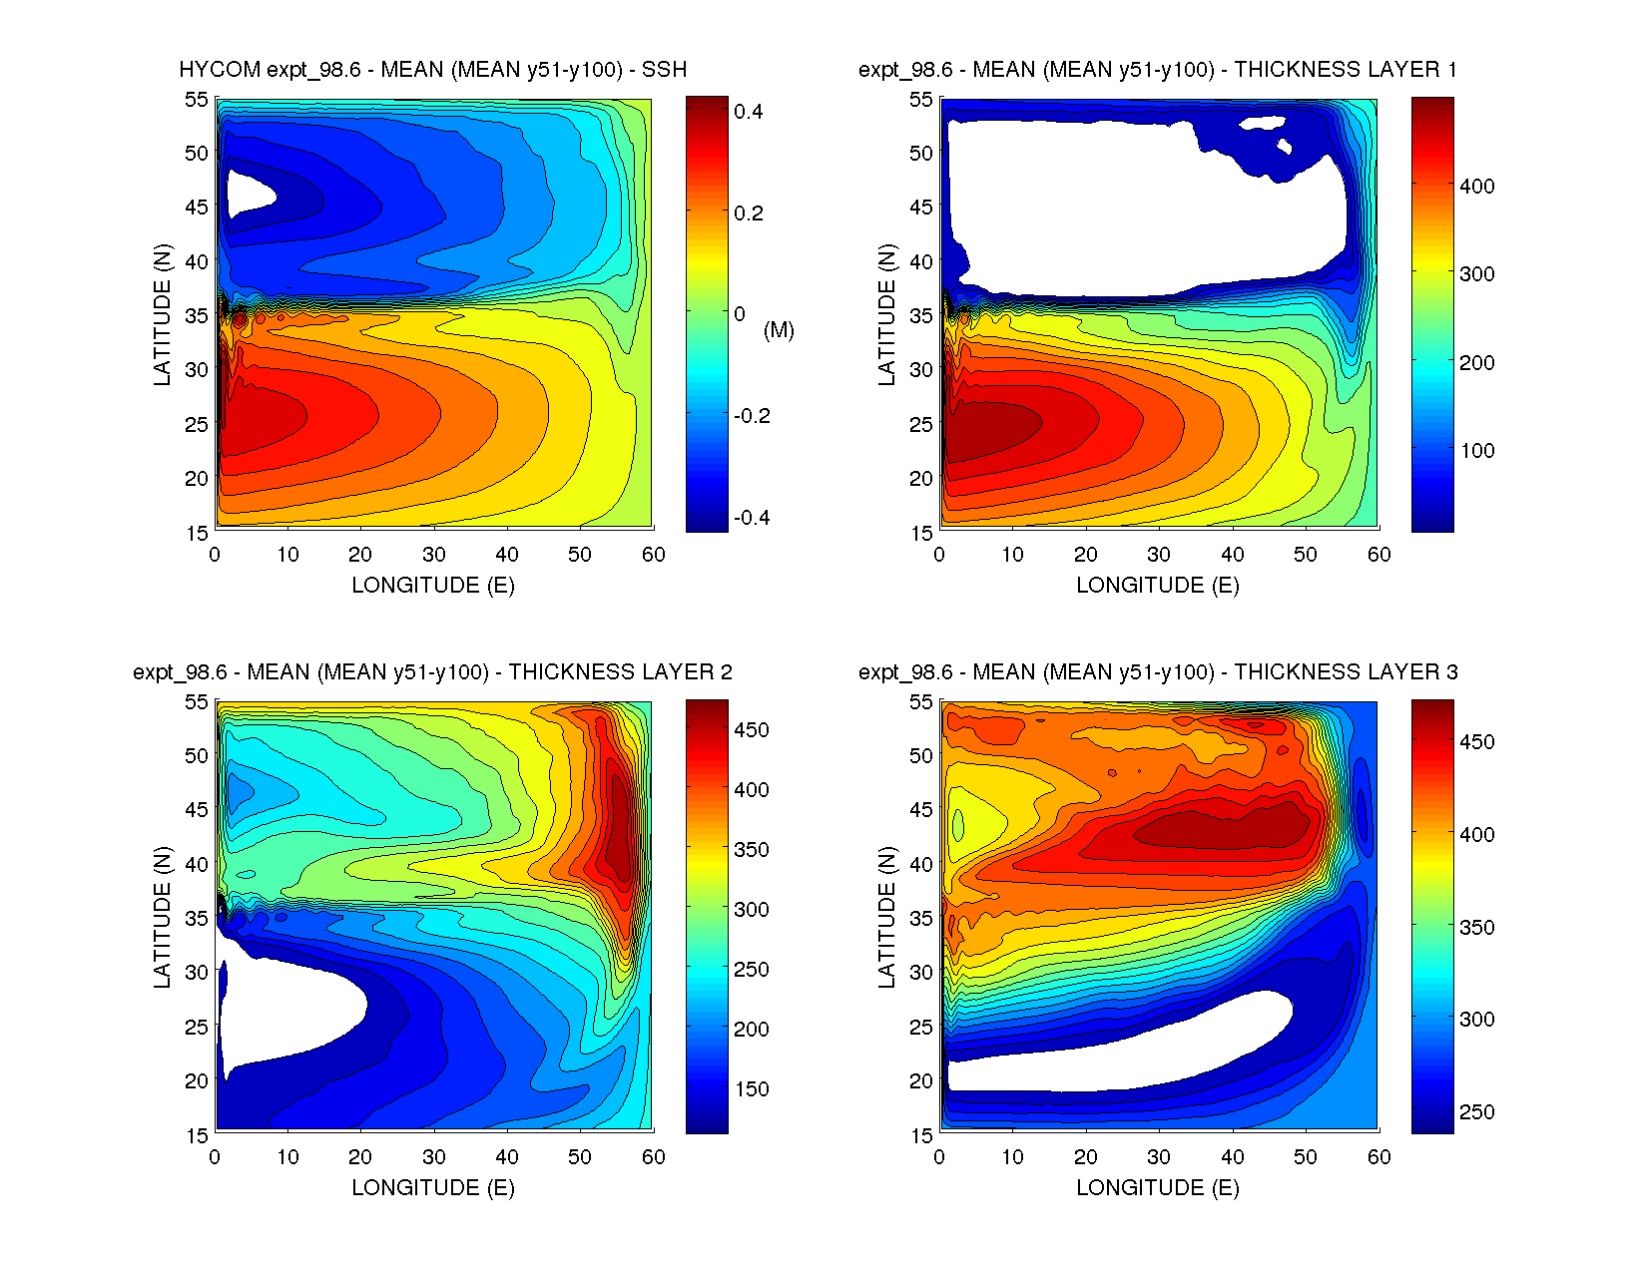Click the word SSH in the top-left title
[x=664, y=70]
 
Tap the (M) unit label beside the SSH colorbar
[x=779, y=330]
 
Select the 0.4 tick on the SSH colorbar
[x=749, y=112]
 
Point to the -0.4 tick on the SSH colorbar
[x=752, y=518]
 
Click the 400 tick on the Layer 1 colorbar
[x=1477, y=186]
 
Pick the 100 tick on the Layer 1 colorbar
[x=1477, y=450]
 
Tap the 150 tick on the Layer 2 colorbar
[x=752, y=1089]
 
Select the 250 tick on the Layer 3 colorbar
[x=1477, y=1112]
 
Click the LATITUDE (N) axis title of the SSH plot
[x=162, y=315]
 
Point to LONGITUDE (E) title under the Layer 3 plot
[x=1158, y=1187]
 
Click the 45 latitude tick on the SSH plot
[x=197, y=208]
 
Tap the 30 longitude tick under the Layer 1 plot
[x=1159, y=555]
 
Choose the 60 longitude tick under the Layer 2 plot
[x=654, y=1157]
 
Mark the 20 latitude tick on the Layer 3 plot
[x=921, y=1080]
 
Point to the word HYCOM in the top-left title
[x=220, y=70]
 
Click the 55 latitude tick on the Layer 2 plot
[x=197, y=702]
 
